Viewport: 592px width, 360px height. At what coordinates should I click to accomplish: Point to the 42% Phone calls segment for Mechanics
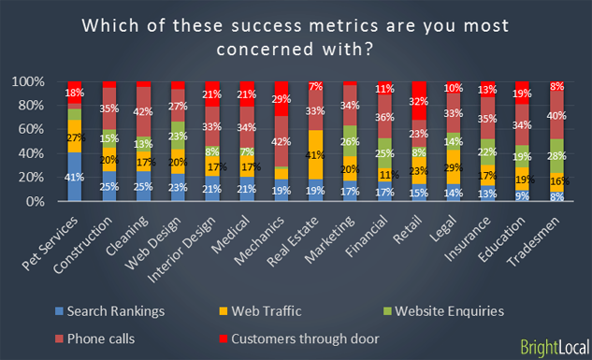pyautogui.click(x=281, y=142)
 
